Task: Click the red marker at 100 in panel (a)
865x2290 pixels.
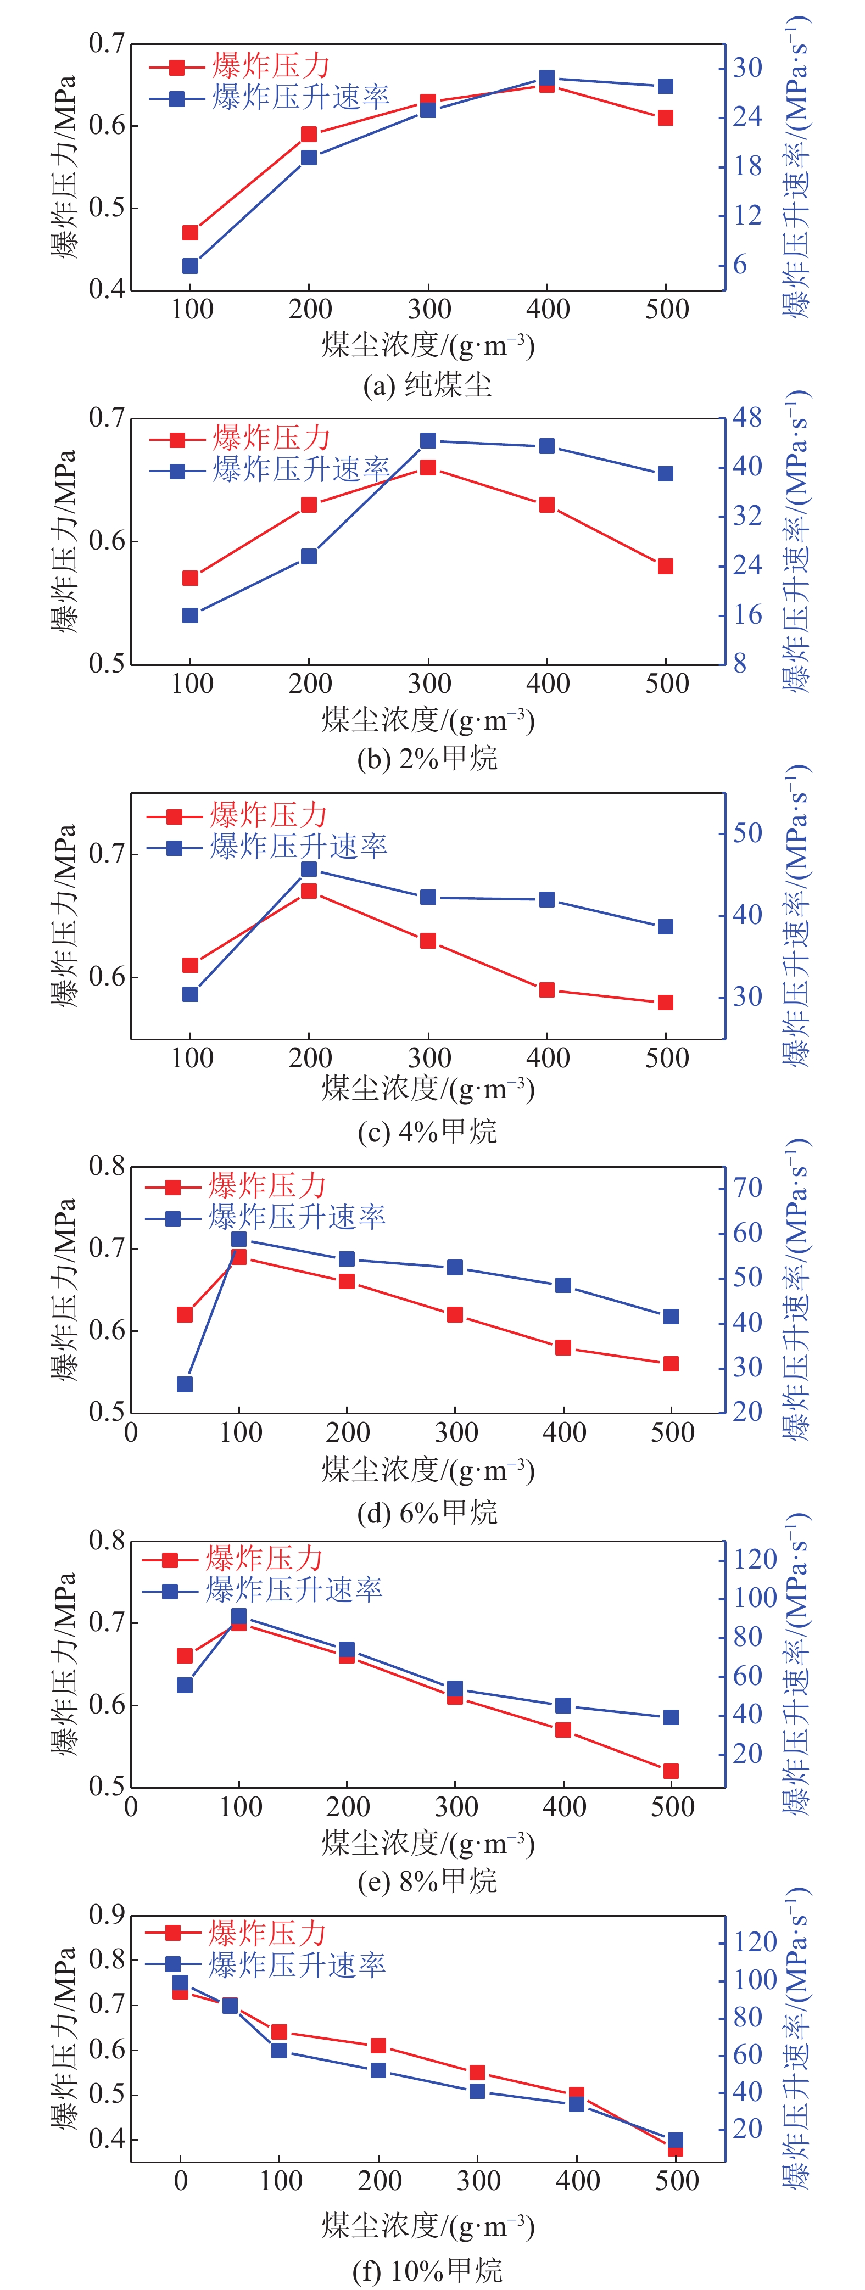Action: [190, 233]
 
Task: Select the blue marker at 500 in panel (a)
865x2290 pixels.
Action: [665, 86]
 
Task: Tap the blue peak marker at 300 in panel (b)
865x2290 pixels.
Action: [428, 441]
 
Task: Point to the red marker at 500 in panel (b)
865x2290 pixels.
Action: [665, 566]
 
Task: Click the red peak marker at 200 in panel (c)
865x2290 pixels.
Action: [309, 891]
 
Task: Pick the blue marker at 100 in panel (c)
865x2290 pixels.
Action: [190, 994]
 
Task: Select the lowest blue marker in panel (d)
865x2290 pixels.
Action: [185, 1384]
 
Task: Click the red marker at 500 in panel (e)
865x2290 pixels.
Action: [671, 1771]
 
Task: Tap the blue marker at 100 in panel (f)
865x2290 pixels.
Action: [279, 2050]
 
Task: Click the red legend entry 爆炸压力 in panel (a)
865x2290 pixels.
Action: [271, 66]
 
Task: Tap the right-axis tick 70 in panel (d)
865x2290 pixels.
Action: [747, 1188]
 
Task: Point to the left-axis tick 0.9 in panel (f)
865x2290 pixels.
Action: [107, 1916]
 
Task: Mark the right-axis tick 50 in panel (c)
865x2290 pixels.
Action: [747, 833]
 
